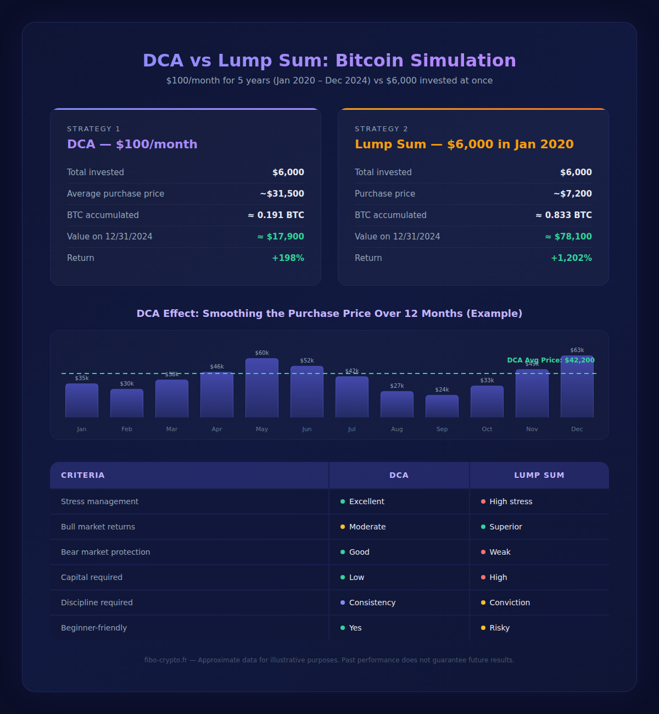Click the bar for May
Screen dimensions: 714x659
pyautogui.click(x=262, y=388)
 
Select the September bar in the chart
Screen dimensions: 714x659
pyautogui.click(x=442, y=406)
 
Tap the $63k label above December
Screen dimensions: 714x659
pyautogui.click(x=577, y=350)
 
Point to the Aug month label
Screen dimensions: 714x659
pyautogui.click(x=397, y=429)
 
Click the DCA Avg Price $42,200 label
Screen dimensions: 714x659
pyautogui.click(x=551, y=360)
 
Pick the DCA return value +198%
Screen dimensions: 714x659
pyautogui.click(x=288, y=258)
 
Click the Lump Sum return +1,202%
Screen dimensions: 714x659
pyautogui.click(x=571, y=258)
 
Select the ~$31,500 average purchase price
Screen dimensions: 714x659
pyautogui.click(x=282, y=194)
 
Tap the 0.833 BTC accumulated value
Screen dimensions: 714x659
pyautogui.click(x=564, y=215)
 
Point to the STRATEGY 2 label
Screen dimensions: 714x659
pyautogui.click(x=381, y=129)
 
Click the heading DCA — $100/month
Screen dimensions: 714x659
pyautogui.click(x=132, y=144)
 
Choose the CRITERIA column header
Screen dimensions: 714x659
pyautogui.click(x=83, y=475)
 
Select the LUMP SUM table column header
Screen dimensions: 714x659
pyautogui.click(x=539, y=475)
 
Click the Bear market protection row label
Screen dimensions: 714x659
pyautogui.click(x=105, y=552)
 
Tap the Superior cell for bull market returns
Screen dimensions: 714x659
pyautogui.click(x=506, y=527)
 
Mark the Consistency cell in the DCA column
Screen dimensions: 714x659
pyautogui.click(x=372, y=603)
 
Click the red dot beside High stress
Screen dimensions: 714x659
pyautogui.click(x=483, y=501)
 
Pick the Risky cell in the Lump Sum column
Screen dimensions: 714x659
pyautogui.click(x=500, y=628)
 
